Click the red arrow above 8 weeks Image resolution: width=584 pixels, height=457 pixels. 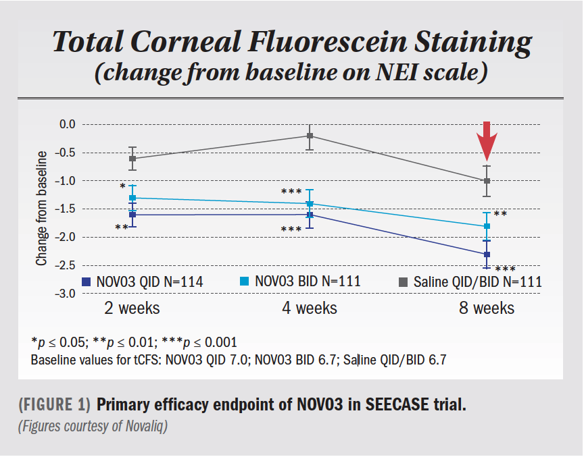[487, 140]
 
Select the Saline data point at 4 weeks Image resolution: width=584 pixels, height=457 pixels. [310, 136]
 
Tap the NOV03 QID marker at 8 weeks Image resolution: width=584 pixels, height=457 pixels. [487, 254]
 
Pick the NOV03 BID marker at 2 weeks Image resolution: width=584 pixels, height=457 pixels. [132, 198]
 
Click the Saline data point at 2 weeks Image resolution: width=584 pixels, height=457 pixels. [132, 158]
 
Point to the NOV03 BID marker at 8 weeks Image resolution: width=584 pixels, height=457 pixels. [487, 226]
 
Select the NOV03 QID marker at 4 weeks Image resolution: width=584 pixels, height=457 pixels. [310, 215]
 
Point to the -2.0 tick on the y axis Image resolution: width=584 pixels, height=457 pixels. [68, 237]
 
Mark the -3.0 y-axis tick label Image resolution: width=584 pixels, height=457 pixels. [68, 294]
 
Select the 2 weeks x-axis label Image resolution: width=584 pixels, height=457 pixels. [132, 308]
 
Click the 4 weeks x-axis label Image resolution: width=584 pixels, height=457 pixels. [310, 308]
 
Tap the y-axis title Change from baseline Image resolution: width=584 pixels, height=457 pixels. [42, 209]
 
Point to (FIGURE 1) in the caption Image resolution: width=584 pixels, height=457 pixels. [54, 405]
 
